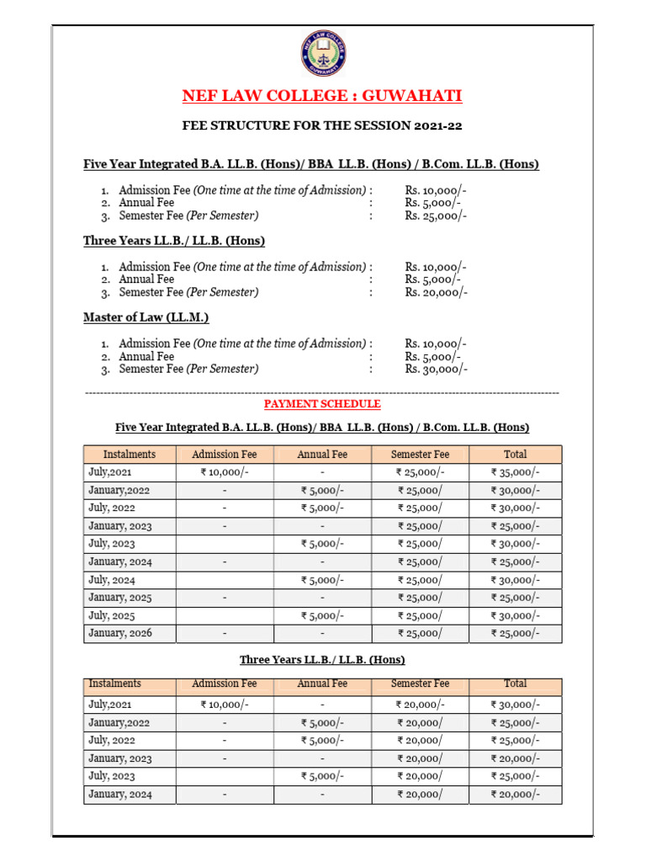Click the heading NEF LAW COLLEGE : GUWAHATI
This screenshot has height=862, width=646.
[322, 96]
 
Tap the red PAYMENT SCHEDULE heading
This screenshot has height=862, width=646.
[322, 404]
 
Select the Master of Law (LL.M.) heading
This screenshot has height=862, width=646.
[146, 317]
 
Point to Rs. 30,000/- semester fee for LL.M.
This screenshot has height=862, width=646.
[436, 369]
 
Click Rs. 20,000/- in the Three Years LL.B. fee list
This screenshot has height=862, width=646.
[436, 292]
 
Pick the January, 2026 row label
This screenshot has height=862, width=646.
[120, 633]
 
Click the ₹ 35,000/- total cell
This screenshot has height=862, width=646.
[515, 472]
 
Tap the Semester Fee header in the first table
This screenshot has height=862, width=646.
[420, 455]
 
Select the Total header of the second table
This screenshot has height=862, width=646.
[515, 684]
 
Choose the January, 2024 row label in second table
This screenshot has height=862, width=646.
[120, 794]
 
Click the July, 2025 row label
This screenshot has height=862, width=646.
[112, 615]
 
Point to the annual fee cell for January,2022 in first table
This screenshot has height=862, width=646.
[322, 491]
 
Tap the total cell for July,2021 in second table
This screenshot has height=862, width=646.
[515, 705]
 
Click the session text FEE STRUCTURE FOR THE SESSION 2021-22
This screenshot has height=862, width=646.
[322, 126]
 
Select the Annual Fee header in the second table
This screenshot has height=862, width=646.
[322, 684]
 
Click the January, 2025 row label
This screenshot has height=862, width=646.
[120, 598]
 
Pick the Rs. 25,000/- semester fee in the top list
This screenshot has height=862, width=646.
[436, 215]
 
